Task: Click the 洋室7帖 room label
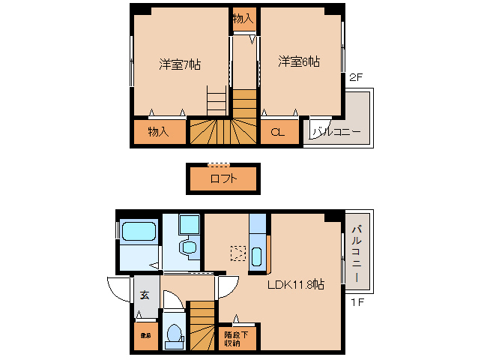click(180, 64)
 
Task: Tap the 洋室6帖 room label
click(299, 61)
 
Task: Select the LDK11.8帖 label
click(297, 284)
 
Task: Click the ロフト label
click(223, 178)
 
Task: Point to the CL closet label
click(277, 133)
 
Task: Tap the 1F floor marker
click(357, 302)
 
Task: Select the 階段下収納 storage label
click(232, 338)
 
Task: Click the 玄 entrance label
click(145, 295)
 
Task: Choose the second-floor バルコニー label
click(337, 133)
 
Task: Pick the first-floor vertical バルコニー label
click(357, 253)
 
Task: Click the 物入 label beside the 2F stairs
click(157, 132)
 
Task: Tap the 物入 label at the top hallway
click(243, 18)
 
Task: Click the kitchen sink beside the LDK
click(257, 256)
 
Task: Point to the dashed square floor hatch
click(238, 253)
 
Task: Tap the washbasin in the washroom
click(190, 247)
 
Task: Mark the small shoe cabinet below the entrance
click(145, 336)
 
